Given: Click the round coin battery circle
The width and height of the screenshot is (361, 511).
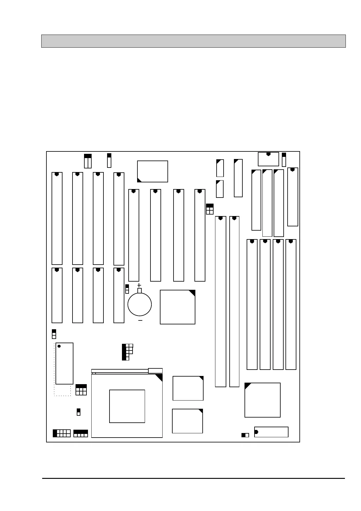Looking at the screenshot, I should tap(140, 304).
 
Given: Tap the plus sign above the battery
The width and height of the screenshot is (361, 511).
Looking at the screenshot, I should tap(139, 285).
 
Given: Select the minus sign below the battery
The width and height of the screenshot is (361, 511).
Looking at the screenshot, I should tap(140, 320).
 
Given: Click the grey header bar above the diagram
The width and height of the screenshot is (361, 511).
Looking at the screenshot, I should tap(193, 41).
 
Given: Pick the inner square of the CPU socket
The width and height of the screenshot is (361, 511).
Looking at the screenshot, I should tap(127, 406).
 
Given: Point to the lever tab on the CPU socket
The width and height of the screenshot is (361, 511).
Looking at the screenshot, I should tap(155, 371).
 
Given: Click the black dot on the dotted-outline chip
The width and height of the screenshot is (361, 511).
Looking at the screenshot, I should tap(59, 346).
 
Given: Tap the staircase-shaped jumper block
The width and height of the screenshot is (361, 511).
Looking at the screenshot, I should tap(127, 352).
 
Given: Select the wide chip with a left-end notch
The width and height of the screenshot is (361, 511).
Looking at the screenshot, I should tap(271, 432).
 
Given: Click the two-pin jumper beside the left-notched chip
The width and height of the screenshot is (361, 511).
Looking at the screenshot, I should tap(245, 435).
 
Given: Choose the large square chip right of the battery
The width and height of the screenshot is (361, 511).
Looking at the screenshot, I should tap(177, 307).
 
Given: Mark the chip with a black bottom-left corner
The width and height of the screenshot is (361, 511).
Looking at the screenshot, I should tap(152, 171).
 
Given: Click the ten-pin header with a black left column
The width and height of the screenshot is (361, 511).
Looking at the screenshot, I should tap(62, 433).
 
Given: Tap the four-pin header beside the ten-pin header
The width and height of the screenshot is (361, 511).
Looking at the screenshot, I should tap(81, 433).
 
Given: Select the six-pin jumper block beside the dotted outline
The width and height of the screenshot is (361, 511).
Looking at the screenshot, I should tap(81, 390).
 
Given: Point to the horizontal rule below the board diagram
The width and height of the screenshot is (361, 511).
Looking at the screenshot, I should tap(193, 479).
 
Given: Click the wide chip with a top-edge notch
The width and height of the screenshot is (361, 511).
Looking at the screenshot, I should tap(268, 159).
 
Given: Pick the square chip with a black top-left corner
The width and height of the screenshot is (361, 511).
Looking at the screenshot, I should tap(262, 400).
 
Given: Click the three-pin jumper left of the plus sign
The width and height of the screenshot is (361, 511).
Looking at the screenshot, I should tap(127, 289).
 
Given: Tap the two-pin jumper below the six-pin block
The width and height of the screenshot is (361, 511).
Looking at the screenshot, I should tap(79, 412).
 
